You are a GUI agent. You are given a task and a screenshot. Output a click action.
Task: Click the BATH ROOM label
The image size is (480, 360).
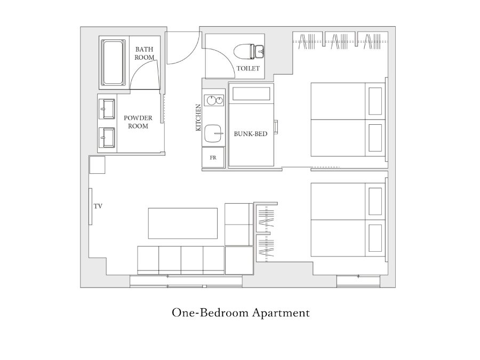point(144,53)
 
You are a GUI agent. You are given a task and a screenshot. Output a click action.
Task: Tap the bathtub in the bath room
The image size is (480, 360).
point(113,62)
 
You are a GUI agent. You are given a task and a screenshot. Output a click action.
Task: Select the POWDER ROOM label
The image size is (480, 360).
point(138,122)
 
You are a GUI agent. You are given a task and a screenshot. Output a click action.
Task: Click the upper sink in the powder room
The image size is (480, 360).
point(107,109)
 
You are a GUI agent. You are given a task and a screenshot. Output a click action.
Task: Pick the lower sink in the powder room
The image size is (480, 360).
point(107,138)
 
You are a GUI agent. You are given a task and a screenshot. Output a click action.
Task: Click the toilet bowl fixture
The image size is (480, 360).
point(249,51)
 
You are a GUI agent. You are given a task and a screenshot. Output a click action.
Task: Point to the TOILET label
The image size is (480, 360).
point(248,68)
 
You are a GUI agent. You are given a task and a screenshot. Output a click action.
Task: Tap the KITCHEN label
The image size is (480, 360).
point(198,117)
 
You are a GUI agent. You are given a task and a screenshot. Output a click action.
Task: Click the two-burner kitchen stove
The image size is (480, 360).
point(214,100)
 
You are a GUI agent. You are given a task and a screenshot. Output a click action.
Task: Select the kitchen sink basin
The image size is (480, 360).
point(213,133)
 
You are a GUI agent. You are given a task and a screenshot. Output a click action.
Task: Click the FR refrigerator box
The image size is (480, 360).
point(213,157)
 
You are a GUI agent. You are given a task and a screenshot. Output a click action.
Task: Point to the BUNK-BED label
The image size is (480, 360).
point(251,134)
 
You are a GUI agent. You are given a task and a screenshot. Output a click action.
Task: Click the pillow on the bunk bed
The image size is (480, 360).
point(251,94)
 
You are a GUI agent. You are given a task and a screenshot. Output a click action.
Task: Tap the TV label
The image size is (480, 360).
point(98,206)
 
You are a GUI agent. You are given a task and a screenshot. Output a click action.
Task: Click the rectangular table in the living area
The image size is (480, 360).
point(183,223)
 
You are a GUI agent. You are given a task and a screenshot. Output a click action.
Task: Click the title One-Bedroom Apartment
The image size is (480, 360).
point(241,313)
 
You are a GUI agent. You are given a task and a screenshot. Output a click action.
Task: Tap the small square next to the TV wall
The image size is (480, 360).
point(98,165)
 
